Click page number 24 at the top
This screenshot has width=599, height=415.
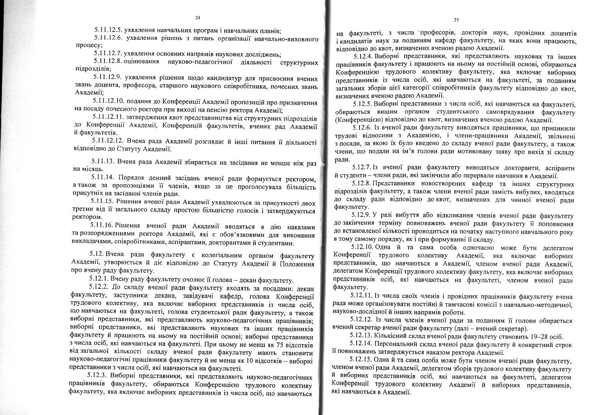pos(198,17)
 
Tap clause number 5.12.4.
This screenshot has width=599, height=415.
pos(363,57)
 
